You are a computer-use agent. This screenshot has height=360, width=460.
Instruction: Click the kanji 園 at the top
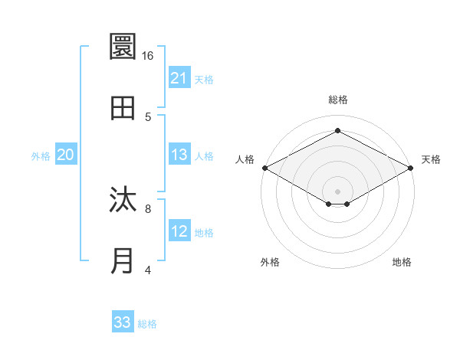pyautogui.click(x=123, y=48)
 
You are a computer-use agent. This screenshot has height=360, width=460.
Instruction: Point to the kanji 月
pyautogui.click(x=123, y=261)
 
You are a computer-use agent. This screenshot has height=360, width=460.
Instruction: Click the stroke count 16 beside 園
pyautogui.click(x=147, y=56)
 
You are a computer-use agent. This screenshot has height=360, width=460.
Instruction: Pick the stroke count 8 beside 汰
pyautogui.click(x=147, y=208)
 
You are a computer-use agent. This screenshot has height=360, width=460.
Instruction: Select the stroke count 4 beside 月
pyautogui.click(x=147, y=269)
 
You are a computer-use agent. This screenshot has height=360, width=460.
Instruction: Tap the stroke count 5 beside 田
pyautogui.click(x=147, y=116)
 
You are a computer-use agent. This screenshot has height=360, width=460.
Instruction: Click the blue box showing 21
pyautogui.click(x=179, y=78)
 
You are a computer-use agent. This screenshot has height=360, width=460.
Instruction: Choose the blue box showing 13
pyautogui.click(x=179, y=155)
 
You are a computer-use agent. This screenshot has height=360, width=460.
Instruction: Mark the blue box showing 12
pyautogui.click(x=179, y=231)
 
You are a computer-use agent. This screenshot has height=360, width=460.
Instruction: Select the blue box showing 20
pyautogui.click(x=66, y=155)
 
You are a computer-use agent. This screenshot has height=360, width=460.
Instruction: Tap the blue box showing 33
pyautogui.click(x=123, y=322)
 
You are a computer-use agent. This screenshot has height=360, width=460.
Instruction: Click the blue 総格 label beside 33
pyautogui.click(x=147, y=324)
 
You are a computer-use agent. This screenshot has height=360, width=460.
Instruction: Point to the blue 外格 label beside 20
pyautogui.click(x=41, y=156)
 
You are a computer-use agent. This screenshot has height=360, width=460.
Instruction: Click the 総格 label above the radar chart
pyautogui.click(x=337, y=100)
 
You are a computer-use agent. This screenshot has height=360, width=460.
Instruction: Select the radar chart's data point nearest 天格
pyautogui.click(x=411, y=167)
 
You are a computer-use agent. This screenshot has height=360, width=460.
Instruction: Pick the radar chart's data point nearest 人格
pyautogui.click(x=264, y=167)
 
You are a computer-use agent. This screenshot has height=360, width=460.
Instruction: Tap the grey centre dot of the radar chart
pyautogui.click(x=337, y=191)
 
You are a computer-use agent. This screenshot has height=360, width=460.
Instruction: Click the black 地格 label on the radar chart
pyautogui.click(x=402, y=262)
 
